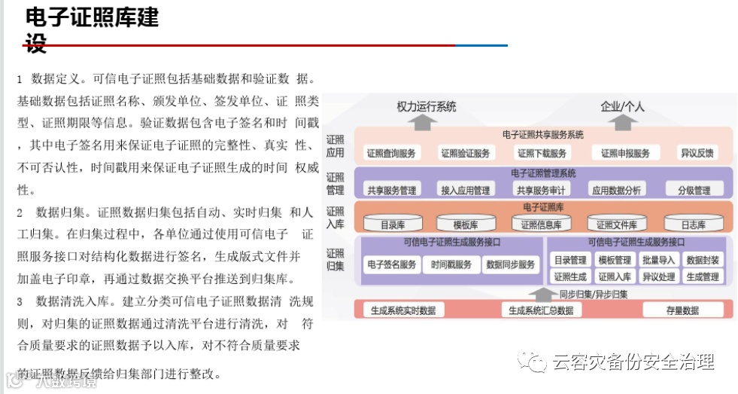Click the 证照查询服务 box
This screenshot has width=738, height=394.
point(391,153)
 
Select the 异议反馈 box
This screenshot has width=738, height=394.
point(697,153)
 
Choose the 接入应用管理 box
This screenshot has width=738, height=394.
point(465,191)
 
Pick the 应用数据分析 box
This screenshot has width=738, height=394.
point(616,191)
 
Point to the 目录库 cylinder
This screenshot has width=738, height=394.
point(392,224)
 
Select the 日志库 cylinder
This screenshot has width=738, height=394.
point(693,224)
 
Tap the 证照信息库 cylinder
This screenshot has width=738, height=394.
point(542,224)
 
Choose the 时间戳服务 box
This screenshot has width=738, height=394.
point(451,264)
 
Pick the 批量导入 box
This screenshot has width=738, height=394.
point(659,260)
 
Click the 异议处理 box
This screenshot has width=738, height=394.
point(659,276)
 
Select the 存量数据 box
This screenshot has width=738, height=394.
point(682,310)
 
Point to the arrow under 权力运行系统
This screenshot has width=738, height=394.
point(427,121)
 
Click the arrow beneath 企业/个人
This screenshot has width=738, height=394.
point(622,121)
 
